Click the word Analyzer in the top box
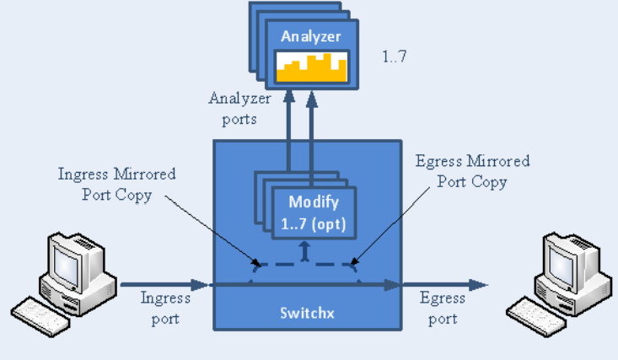311,37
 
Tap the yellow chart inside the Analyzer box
311,67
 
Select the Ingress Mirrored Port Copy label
117,184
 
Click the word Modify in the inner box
314,201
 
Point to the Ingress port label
165,308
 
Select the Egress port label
442,308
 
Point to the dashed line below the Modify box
304,264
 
